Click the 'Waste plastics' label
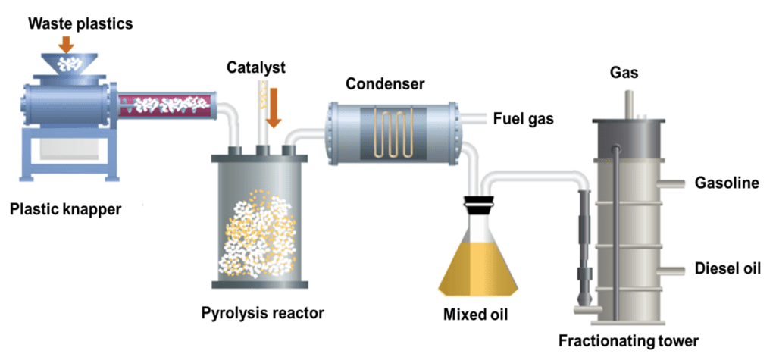pos(80,24)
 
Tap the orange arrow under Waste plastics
pos(67,43)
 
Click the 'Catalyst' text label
pos(256,68)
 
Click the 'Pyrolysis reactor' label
pos(262,311)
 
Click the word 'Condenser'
pos(385,83)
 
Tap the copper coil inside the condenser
pos(393,133)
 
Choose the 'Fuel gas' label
pos(524,118)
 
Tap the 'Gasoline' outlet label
pos(727,183)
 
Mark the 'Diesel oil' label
pos(727,268)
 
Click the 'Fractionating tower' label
pos(628,340)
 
